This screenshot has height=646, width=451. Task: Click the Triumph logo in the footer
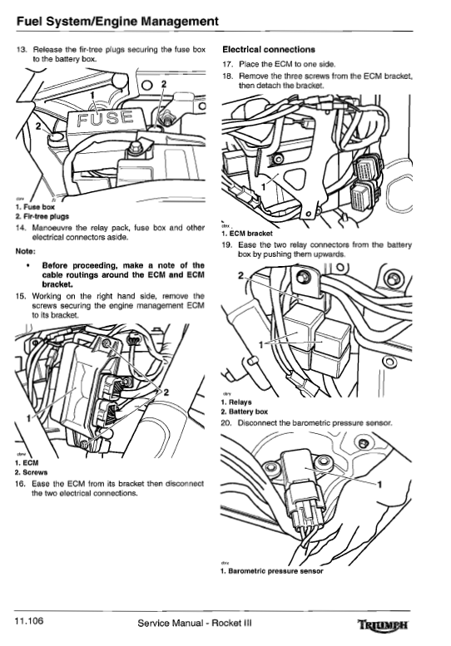click(383, 624)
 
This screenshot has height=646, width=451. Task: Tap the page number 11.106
click(29, 621)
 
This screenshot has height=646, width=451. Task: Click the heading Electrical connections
click(269, 50)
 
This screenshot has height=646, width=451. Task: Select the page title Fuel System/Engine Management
click(117, 21)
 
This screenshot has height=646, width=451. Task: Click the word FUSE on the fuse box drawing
click(106, 118)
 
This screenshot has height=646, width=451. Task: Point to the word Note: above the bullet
click(25, 251)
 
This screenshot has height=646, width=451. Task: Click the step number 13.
click(22, 49)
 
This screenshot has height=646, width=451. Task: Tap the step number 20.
click(226, 422)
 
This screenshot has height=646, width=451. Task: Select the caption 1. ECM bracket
click(246, 234)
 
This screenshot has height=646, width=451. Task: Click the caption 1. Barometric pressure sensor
click(271, 571)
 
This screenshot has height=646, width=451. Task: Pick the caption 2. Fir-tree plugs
click(42, 216)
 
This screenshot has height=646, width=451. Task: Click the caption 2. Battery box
click(245, 412)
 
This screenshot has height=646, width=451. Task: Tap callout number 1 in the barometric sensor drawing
click(379, 484)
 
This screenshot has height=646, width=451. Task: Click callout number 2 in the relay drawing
click(240, 275)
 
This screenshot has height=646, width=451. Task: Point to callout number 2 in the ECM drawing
click(166, 392)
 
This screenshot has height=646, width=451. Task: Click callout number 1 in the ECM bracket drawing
click(264, 186)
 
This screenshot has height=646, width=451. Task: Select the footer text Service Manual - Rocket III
click(195, 623)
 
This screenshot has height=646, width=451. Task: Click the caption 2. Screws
click(32, 472)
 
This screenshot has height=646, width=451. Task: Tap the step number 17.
click(228, 64)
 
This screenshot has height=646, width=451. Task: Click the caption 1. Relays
click(236, 402)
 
